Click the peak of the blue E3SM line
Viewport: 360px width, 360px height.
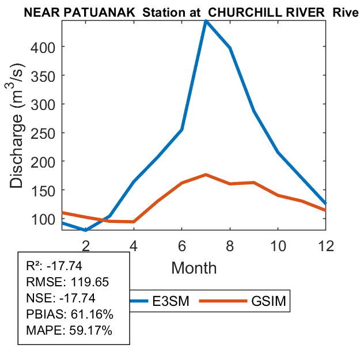206,21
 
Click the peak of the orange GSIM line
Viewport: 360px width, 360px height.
206,175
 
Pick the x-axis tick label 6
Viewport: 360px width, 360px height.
181,245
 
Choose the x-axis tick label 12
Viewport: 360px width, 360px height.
326,245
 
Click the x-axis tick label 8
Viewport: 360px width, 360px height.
230,245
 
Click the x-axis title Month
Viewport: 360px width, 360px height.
194,268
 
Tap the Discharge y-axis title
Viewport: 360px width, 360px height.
19,126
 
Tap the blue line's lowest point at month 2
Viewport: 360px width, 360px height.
86,230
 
